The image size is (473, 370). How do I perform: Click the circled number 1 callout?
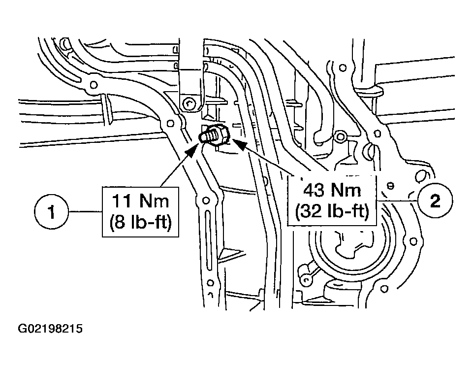tap(52, 213)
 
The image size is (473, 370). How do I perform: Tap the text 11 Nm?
tap(141, 202)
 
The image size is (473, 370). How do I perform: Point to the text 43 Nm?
tap(332, 190)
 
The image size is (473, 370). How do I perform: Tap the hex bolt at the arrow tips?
tap(215, 135)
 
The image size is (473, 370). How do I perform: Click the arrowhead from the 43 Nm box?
tap(238, 144)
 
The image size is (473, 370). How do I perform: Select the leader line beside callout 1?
tap(86, 213)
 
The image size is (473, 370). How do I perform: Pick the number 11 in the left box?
tap(121, 202)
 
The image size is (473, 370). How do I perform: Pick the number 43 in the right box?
tap(311, 190)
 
